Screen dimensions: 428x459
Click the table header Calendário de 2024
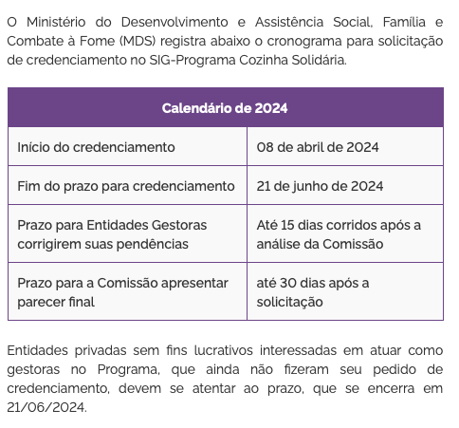point(225,107)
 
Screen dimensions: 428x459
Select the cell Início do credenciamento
point(96,147)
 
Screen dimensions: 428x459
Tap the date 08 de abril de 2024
point(318,147)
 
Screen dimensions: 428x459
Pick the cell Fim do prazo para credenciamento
point(125,186)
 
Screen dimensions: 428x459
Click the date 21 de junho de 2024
point(320,186)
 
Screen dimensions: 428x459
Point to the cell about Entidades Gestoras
point(111,234)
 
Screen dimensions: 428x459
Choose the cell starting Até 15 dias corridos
point(339,234)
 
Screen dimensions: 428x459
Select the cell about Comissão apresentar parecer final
point(122,292)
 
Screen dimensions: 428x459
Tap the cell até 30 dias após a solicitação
point(313,292)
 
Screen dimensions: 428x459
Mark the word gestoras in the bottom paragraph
point(35,370)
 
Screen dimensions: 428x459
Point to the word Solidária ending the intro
point(317,60)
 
